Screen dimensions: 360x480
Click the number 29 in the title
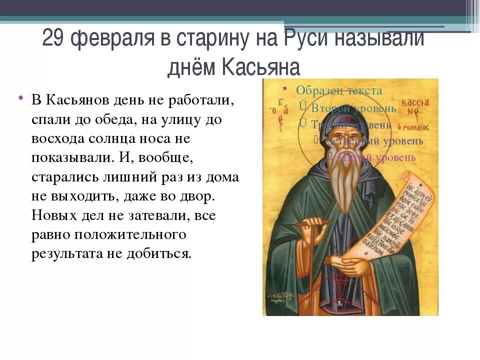[x=53, y=38]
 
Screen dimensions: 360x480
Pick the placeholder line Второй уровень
[x=353, y=108]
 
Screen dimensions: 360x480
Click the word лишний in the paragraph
[x=138, y=177]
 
